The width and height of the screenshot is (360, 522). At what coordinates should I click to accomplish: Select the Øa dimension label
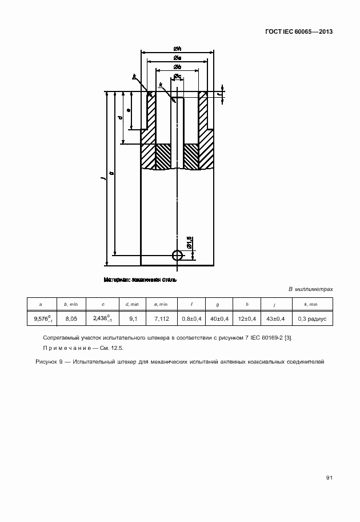pos(177,58)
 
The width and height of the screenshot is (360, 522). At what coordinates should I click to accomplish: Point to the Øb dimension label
pos(177,67)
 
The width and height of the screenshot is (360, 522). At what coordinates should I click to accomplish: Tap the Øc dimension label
pos(178,77)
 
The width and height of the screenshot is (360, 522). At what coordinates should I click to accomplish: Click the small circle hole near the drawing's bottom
pos(178,254)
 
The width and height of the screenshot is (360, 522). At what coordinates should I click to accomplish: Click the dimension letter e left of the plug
pos(129,109)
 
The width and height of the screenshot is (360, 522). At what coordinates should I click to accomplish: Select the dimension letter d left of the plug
pos(120,117)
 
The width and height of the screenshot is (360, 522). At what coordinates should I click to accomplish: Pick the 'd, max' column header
pos(132,304)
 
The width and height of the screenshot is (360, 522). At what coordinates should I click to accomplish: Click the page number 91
pos(329,479)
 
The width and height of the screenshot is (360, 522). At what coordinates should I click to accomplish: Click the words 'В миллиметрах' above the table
pos(310,289)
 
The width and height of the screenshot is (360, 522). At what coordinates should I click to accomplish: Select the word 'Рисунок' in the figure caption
pos(46,361)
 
